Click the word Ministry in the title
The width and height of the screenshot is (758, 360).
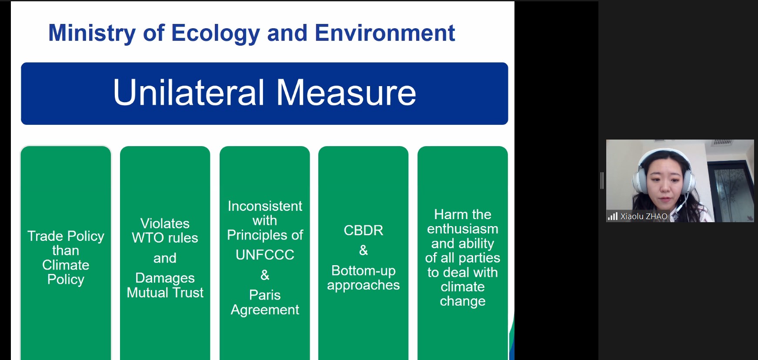(x=92, y=33)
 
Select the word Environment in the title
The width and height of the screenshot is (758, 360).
(x=385, y=33)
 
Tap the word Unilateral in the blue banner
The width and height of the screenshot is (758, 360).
(x=189, y=92)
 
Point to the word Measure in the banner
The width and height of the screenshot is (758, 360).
(x=346, y=92)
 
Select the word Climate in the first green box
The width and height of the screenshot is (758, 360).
(x=66, y=265)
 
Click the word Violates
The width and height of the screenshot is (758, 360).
(x=165, y=223)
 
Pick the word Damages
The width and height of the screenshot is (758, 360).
(x=165, y=278)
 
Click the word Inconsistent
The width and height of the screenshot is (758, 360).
(x=265, y=206)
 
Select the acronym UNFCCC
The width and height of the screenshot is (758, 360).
(x=265, y=254)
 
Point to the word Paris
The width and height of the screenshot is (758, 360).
(x=265, y=295)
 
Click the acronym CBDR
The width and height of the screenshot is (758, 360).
(x=364, y=230)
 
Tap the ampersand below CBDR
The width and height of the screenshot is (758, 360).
(x=364, y=250)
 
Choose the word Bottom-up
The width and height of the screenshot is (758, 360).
(x=364, y=271)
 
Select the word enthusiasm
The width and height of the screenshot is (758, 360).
(x=463, y=229)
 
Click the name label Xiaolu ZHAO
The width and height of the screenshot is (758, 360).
(x=644, y=217)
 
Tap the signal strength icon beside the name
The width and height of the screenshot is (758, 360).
(x=613, y=216)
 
